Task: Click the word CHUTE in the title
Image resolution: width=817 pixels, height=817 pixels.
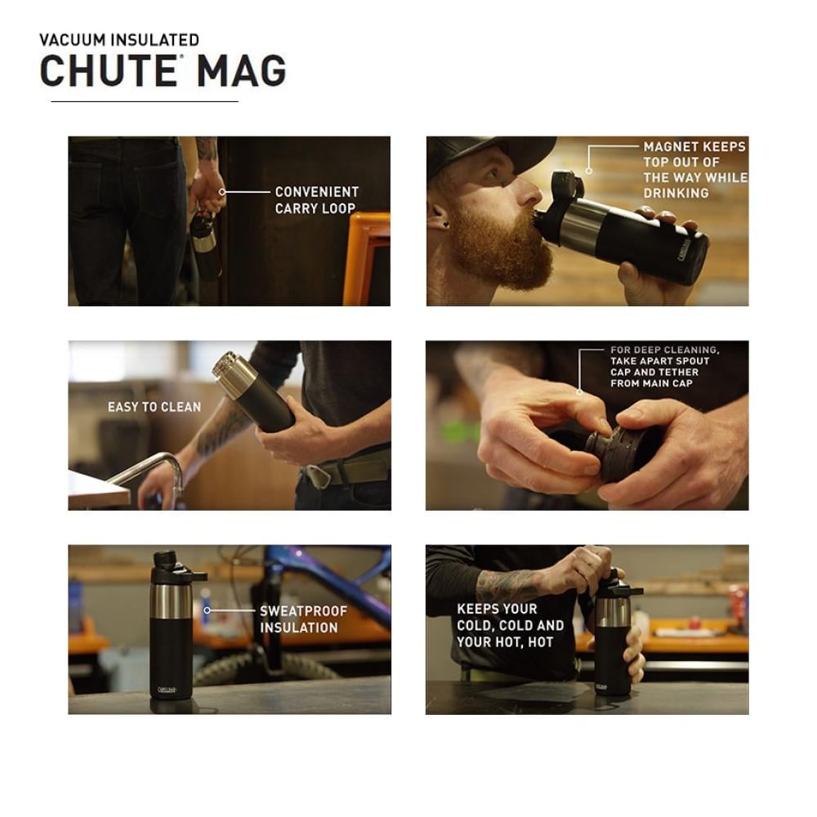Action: tap(109, 70)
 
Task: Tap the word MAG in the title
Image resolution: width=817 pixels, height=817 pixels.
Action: tap(241, 70)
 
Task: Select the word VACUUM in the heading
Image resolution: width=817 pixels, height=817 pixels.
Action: tap(73, 40)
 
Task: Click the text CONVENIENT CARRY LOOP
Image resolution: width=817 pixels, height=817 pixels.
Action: tap(317, 200)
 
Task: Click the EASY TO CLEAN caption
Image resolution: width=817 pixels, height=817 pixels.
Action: tap(154, 407)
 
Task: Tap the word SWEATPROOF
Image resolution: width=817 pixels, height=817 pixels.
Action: tap(303, 611)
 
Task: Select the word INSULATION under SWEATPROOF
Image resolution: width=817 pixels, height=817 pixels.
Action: tap(298, 627)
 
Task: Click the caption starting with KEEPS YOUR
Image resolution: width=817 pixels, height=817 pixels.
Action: tap(510, 625)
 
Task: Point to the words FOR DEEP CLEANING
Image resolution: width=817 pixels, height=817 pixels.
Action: tap(665, 350)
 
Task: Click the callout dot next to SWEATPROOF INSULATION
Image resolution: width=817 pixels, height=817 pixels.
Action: tap(207, 610)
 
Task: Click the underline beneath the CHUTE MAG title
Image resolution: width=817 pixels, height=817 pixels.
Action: tap(145, 101)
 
